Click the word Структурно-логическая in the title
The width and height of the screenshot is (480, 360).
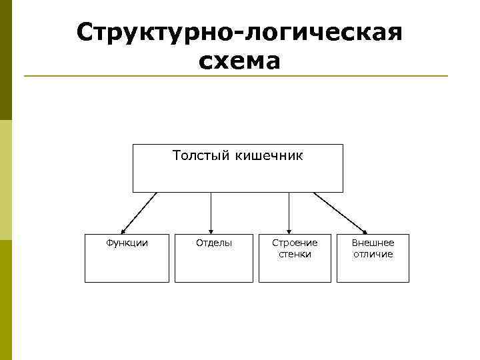[x=239, y=32]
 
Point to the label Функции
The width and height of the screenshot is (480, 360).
[x=127, y=243]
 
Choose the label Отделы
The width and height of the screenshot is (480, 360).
[x=214, y=243]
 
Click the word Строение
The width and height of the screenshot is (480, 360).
[x=295, y=243]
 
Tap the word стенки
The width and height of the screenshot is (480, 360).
[x=295, y=254]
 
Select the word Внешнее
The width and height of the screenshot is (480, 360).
[x=373, y=243]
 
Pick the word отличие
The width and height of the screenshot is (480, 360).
[x=373, y=254]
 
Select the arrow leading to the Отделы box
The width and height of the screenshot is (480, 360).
[x=211, y=213]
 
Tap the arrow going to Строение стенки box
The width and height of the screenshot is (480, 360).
[x=289, y=213]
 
